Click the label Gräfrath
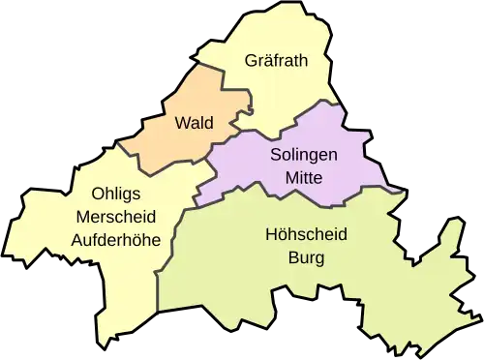coord(276,61)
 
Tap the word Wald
coord(194,123)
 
